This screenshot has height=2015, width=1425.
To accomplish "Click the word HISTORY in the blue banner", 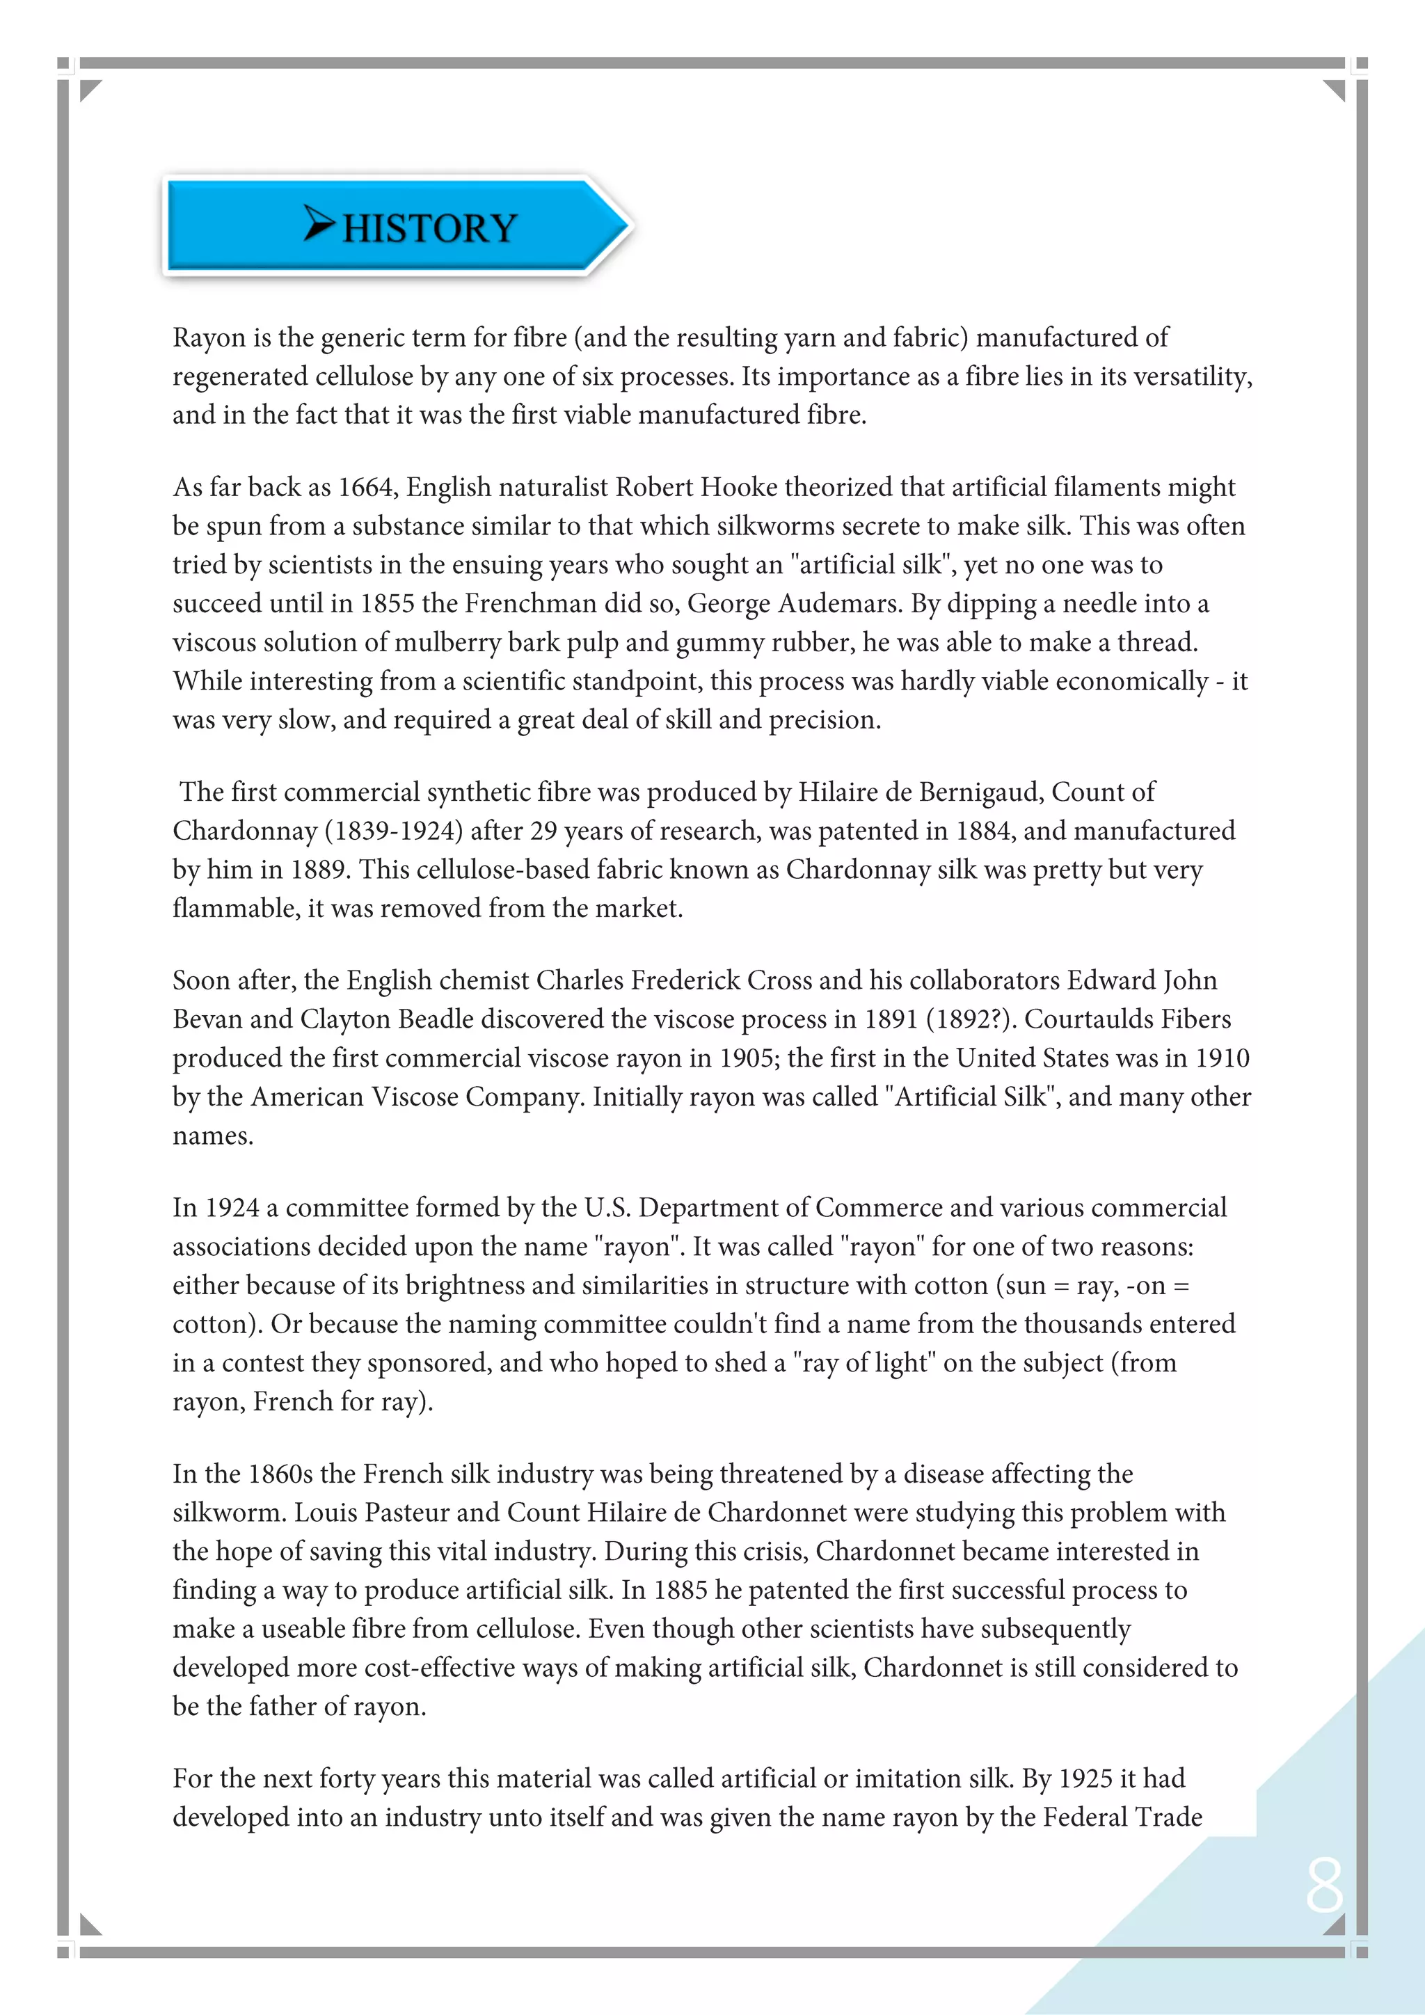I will click(429, 228).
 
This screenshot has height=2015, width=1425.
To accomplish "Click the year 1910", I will click(1221, 1058).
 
